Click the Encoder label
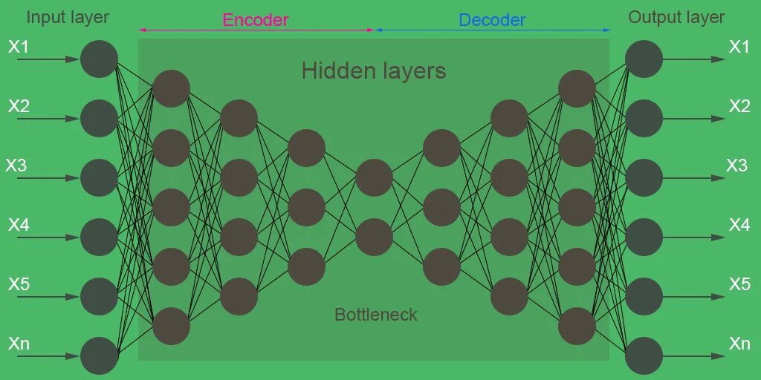pyautogui.click(x=255, y=20)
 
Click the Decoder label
pyautogui.click(x=492, y=20)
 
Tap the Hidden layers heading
pyautogui.click(x=373, y=71)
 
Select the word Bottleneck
pyautogui.click(x=375, y=315)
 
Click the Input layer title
pyautogui.click(x=68, y=17)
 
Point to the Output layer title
pyautogui.click(x=676, y=17)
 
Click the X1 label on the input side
pyautogui.click(x=19, y=47)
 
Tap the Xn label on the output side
pyautogui.click(x=739, y=344)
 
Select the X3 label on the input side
pyautogui.click(x=16, y=166)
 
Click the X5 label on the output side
pyautogui.click(x=739, y=284)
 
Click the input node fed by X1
pyautogui.click(x=99, y=59)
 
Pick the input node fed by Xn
pyautogui.click(x=99, y=356)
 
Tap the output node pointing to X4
pyautogui.click(x=644, y=237)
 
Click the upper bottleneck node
pyautogui.click(x=374, y=178)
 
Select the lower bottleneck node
pyautogui.click(x=374, y=237)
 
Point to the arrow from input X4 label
pyautogui.click(x=48, y=237)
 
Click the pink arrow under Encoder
pyautogui.click(x=256, y=30)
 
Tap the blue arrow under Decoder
pyautogui.click(x=492, y=30)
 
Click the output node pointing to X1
pyautogui.click(x=644, y=59)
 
